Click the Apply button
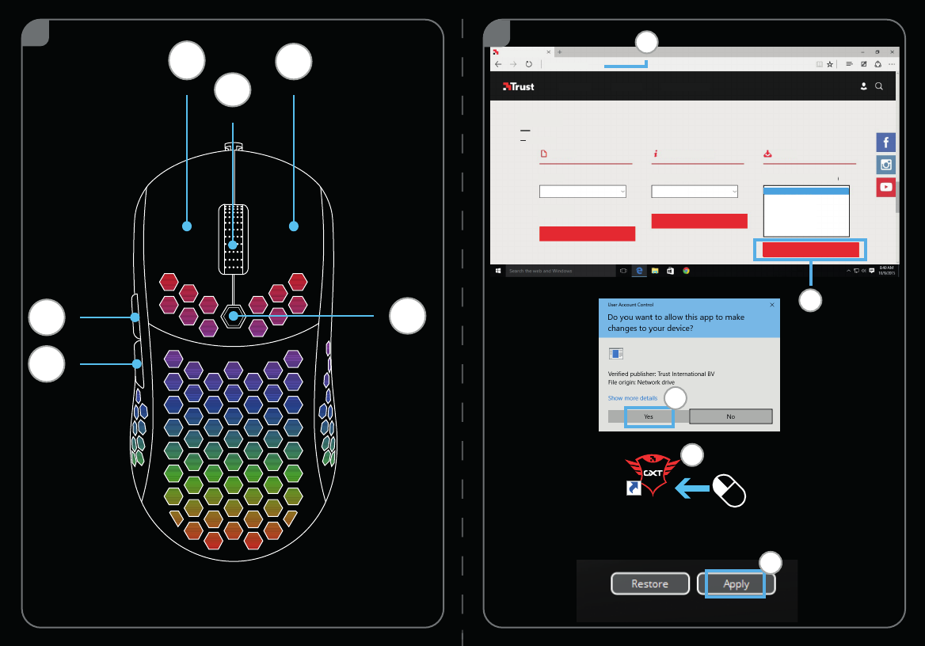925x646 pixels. (x=736, y=583)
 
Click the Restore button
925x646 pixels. (x=649, y=583)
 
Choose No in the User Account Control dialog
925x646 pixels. (x=730, y=416)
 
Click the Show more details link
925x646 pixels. (x=632, y=398)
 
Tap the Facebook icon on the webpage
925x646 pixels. (x=885, y=142)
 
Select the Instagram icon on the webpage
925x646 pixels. (x=885, y=165)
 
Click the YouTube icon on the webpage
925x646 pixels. (x=885, y=188)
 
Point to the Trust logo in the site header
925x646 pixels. (x=519, y=86)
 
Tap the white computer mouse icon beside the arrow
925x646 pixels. (x=729, y=490)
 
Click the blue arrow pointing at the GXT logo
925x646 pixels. (x=691, y=490)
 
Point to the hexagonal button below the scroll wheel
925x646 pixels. (x=233, y=316)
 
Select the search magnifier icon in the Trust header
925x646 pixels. (x=879, y=86)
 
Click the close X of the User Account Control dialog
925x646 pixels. (x=772, y=304)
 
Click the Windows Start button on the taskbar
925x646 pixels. (x=498, y=271)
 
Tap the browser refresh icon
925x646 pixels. (x=528, y=64)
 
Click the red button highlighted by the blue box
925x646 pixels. (x=810, y=250)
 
